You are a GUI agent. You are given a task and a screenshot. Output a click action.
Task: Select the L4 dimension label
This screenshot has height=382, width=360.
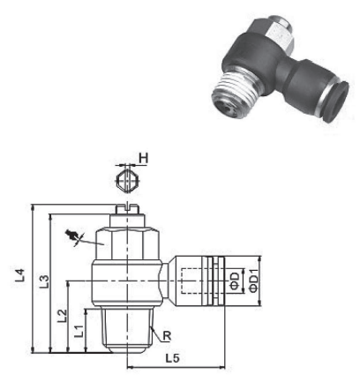click(x=19, y=276)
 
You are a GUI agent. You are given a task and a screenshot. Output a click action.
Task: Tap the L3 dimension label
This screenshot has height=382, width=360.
click(x=41, y=284)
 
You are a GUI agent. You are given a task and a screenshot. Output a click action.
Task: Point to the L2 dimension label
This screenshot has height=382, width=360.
click(x=61, y=315)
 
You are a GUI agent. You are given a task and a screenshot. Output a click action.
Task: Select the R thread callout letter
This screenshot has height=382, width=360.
click(x=167, y=335)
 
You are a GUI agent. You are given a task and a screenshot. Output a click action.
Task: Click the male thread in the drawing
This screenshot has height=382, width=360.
click(x=127, y=327)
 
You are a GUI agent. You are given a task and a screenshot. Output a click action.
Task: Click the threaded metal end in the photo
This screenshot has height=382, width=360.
click(x=233, y=88)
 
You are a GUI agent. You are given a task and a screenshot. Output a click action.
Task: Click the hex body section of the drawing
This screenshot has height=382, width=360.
click(x=127, y=243)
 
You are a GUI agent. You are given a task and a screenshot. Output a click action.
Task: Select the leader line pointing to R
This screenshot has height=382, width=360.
click(x=155, y=328)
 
